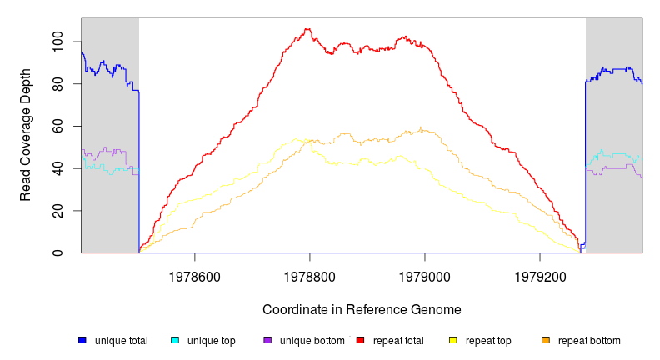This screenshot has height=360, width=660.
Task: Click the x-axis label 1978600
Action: [195, 273]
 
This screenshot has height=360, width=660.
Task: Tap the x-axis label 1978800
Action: [310, 273]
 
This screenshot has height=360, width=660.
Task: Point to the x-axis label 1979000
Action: [425, 273]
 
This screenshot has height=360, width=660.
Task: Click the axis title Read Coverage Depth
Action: [26, 147]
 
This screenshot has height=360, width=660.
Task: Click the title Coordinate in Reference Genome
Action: [362, 309]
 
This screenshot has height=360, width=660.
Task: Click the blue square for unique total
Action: [82, 340]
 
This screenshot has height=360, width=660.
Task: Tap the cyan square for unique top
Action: [175, 340]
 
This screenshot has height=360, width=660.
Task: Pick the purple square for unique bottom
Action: [267, 340]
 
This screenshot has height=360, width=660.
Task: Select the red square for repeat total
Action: [361, 340]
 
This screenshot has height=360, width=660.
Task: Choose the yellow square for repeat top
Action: [453, 340]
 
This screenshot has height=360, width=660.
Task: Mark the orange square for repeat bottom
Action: [546, 340]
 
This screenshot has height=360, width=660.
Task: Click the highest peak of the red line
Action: [308, 29]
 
